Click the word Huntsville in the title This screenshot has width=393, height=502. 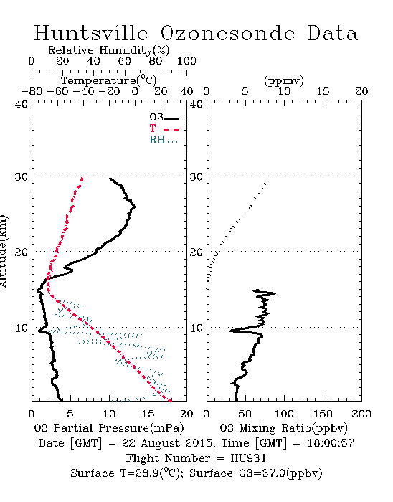click(91, 33)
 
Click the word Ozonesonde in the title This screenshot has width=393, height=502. click(227, 33)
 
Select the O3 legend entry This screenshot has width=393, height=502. click(164, 118)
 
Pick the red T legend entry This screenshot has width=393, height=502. click(164, 128)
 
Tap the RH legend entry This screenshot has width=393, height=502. click(164, 140)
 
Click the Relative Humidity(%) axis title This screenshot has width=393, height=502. click(109, 50)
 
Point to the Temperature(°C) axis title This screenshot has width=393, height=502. click(109, 80)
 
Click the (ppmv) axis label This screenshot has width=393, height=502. click(284, 80)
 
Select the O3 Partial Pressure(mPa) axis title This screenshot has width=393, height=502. click(109, 428)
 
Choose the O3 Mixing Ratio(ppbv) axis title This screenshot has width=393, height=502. click(283, 428)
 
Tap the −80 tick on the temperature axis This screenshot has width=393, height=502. click(32, 91)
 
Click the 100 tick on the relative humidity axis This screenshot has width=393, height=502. click(186, 61)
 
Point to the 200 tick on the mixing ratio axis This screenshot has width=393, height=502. click(361, 414)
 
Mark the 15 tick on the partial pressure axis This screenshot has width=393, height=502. click(148, 414)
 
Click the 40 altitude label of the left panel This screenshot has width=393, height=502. click(21, 104)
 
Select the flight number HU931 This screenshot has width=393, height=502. click(248, 458)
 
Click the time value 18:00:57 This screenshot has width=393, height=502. click(331, 443)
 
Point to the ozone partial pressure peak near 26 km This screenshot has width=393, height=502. click(135, 207)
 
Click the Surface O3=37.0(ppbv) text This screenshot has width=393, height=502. click(256, 473)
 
